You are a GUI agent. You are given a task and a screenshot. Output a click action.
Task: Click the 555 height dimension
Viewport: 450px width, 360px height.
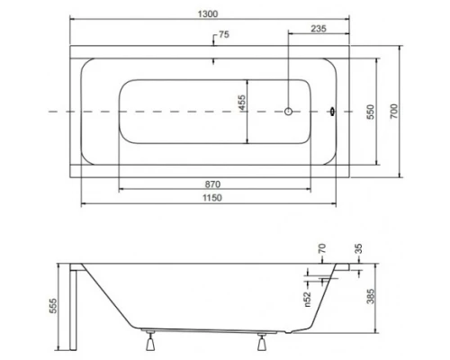[x=53, y=306]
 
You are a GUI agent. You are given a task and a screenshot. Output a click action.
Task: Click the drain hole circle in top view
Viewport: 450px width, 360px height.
[x=288, y=112]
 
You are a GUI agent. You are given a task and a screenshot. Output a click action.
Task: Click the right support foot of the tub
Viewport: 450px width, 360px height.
[x=263, y=343]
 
